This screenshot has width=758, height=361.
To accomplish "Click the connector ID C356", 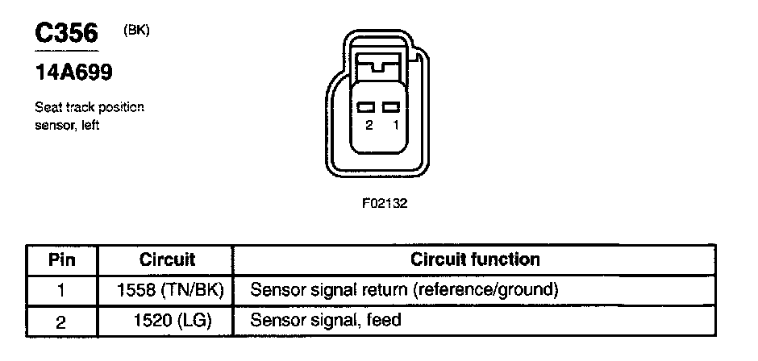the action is (x=66, y=33).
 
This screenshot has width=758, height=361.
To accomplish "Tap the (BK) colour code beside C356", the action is (x=136, y=31).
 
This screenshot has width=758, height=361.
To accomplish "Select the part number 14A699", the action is (x=73, y=73).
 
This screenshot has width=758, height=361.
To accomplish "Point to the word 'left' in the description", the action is (x=90, y=125).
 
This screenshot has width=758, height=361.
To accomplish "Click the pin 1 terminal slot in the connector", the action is (x=390, y=107).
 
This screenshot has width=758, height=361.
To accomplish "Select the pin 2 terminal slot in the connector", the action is (x=366, y=107).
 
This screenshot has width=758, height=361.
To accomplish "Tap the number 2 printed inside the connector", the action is (x=369, y=125).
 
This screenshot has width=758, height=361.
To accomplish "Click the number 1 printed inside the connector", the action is (x=396, y=125).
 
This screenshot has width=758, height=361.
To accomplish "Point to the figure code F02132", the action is (x=385, y=203).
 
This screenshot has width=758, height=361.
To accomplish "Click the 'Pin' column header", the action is (x=62, y=260).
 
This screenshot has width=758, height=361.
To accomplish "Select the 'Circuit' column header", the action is (x=167, y=259).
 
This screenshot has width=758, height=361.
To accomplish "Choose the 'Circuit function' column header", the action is (x=475, y=259).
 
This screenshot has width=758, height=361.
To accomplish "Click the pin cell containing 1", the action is (x=61, y=290).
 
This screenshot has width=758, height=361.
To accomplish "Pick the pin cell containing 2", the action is (x=61, y=322).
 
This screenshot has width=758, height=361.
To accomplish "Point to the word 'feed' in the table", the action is (x=385, y=319).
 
